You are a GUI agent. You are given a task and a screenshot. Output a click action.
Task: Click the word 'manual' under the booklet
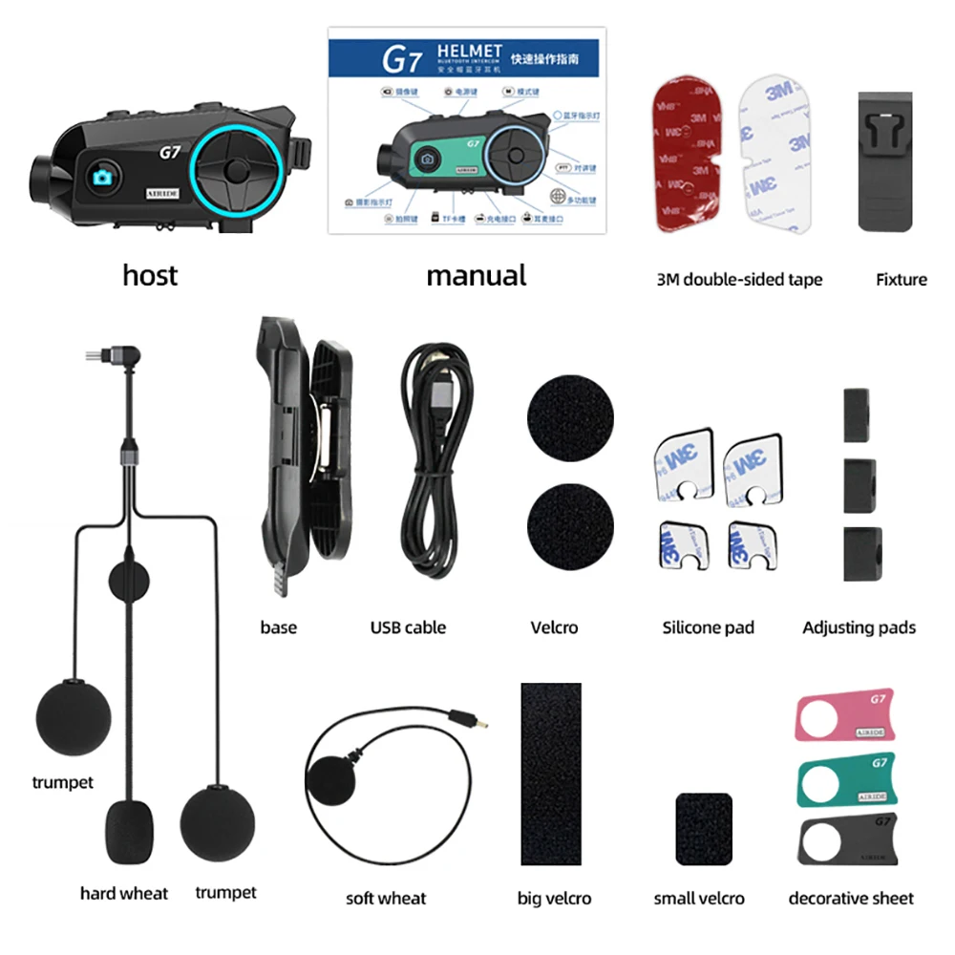476,276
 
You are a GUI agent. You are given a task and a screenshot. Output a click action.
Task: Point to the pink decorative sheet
842,714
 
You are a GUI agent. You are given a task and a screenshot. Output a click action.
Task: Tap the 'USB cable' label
408,627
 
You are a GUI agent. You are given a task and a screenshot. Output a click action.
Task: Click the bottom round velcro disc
570,524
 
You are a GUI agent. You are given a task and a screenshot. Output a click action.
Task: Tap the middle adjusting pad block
859,485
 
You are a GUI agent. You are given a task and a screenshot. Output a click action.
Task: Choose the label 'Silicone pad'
708,627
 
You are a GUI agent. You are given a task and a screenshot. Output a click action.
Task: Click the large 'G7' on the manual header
402,60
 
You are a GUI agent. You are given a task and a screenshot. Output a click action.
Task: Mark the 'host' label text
150,276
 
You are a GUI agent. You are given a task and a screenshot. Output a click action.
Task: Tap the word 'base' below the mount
278,627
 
